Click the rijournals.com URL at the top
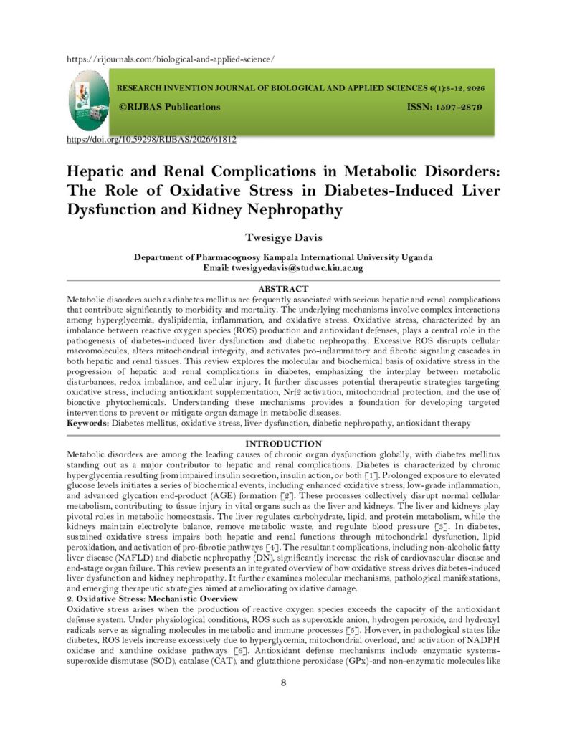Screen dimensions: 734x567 [x=169, y=58]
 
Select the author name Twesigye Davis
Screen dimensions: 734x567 [x=283, y=237]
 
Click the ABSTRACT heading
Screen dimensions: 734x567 [x=282, y=289]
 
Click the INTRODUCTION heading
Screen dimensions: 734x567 [x=282, y=444]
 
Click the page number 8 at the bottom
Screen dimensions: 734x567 [x=283, y=682]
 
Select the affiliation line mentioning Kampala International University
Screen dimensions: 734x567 [x=283, y=257]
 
